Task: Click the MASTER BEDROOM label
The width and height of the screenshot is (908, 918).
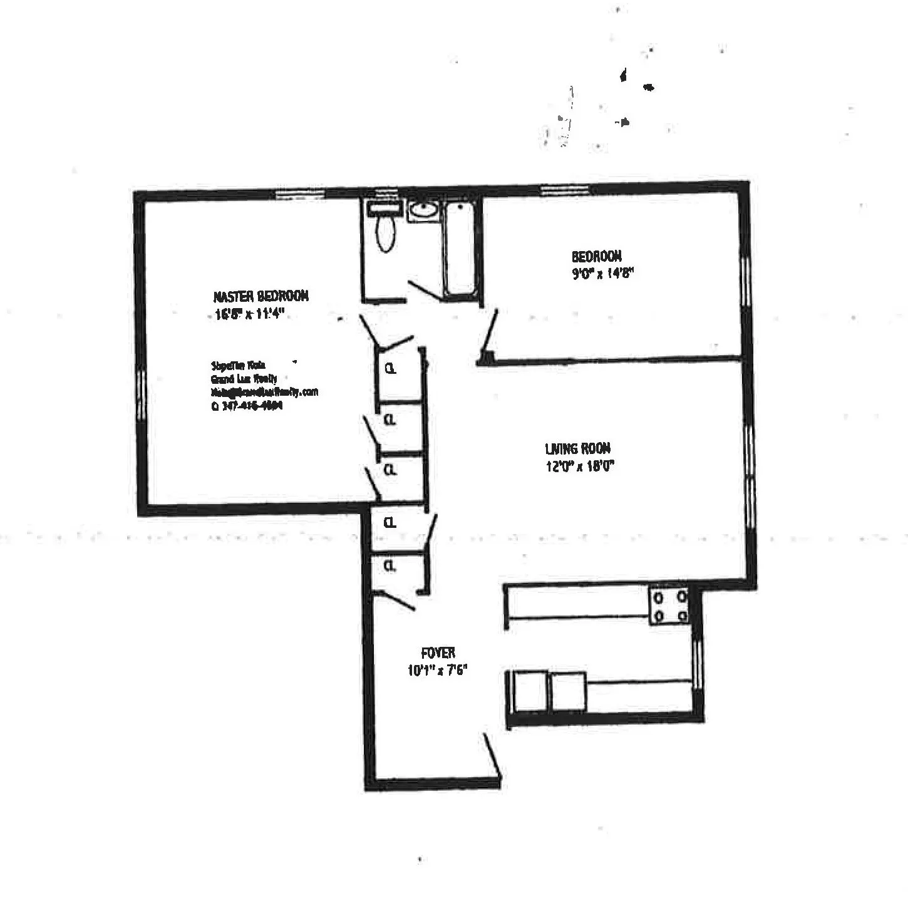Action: click(x=261, y=296)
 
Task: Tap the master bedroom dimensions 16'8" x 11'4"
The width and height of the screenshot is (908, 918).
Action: click(x=250, y=314)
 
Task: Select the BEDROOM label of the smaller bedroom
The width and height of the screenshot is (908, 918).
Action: click(x=596, y=256)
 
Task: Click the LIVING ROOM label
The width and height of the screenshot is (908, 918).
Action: click(x=577, y=448)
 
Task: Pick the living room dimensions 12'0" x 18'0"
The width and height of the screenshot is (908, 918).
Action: click(x=580, y=466)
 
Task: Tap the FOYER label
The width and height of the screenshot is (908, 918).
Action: click(x=438, y=653)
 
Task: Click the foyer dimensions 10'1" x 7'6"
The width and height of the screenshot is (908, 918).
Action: click(x=438, y=670)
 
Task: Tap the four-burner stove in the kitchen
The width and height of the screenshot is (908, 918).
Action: click(x=669, y=606)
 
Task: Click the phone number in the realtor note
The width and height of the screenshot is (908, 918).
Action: click(x=247, y=405)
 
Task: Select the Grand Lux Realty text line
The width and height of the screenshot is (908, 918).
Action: click(x=244, y=379)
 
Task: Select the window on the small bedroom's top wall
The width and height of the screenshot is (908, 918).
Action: click(x=565, y=188)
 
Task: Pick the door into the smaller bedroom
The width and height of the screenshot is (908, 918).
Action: click(x=489, y=332)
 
